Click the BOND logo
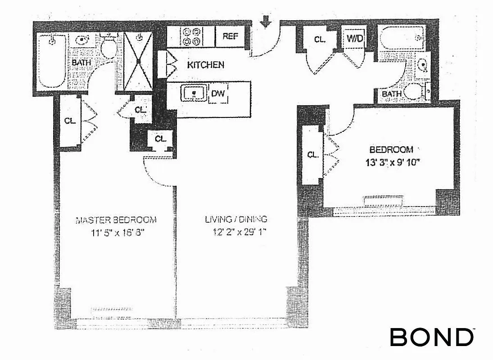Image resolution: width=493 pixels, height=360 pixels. [431, 337]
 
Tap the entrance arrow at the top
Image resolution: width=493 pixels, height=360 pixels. [266, 21]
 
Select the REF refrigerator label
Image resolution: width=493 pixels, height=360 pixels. [230, 36]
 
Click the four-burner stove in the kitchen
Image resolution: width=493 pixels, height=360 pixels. [191, 36]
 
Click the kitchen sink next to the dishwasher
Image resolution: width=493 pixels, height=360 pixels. [194, 94]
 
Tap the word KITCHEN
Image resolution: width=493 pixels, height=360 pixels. [205, 65]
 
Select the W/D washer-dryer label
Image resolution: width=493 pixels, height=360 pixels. [354, 38]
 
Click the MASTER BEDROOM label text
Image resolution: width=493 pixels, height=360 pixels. [116, 220]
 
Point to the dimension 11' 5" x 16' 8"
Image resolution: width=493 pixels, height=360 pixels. [116, 233]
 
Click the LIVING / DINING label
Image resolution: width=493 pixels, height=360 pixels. [236, 220]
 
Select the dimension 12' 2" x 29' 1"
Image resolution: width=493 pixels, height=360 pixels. [236, 233]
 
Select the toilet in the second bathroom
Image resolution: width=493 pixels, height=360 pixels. [413, 91]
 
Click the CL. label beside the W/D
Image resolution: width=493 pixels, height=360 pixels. [320, 39]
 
